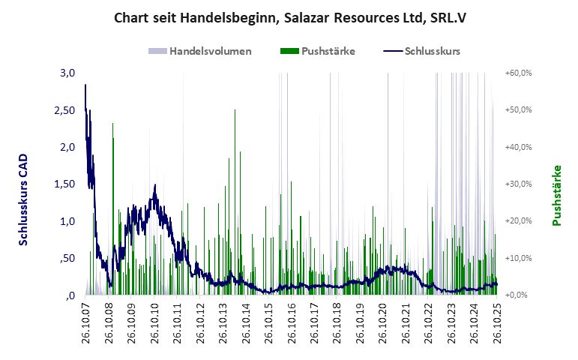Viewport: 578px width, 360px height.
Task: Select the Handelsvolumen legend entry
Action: [x=199, y=52]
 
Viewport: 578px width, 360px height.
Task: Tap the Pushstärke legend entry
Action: [x=317, y=52]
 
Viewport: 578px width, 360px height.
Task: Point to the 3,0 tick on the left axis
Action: [x=67, y=73]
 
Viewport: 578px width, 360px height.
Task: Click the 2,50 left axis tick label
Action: [x=63, y=110]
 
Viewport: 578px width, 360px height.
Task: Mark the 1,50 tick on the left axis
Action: [x=63, y=184]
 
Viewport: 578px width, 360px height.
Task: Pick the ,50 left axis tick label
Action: [x=66, y=259]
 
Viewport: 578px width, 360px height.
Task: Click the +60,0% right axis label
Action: [x=519, y=73]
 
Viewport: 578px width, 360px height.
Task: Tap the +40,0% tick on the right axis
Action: [x=519, y=147]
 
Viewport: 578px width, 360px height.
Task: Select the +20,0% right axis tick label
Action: [x=519, y=221]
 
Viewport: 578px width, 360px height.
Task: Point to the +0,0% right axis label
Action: [x=520, y=295]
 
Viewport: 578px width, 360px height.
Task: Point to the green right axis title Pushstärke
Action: [x=557, y=196]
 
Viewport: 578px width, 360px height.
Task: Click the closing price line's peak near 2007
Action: [x=86, y=85]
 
